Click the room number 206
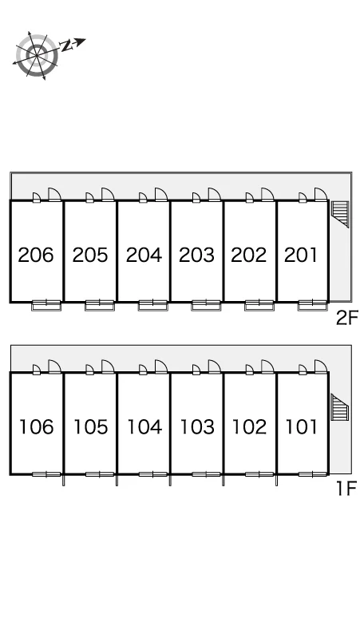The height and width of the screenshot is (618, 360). tap(36, 255)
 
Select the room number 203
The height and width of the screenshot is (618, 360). tap(196, 255)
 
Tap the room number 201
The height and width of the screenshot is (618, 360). tap(300, 255)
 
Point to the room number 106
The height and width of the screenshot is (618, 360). tap(36, 427)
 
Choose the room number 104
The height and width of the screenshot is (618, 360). tap(144, 427)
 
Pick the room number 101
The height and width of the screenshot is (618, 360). tap(301, 427)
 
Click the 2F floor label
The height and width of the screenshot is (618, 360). tap(346, 318)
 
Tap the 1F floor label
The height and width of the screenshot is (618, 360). tap(346, 489)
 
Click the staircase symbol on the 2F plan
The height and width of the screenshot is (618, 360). tap(340, 215)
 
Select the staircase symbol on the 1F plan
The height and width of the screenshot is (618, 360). tap(339, 407)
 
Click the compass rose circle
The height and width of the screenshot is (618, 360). tap(37, 55)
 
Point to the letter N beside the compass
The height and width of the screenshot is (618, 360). tap(67, 46)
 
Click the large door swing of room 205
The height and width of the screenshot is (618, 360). tap(108, 195)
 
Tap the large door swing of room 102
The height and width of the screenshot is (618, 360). tap(267, 366)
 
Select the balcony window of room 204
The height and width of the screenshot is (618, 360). tap(152, 305)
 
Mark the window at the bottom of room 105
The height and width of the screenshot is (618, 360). tap(100, 474)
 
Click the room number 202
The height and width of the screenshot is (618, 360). tap(248, 255)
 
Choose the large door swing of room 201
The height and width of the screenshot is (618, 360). tap(321, 195)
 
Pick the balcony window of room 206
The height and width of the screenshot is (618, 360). tap(46, 305)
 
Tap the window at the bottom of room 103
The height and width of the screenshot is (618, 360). tap(207, 474)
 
